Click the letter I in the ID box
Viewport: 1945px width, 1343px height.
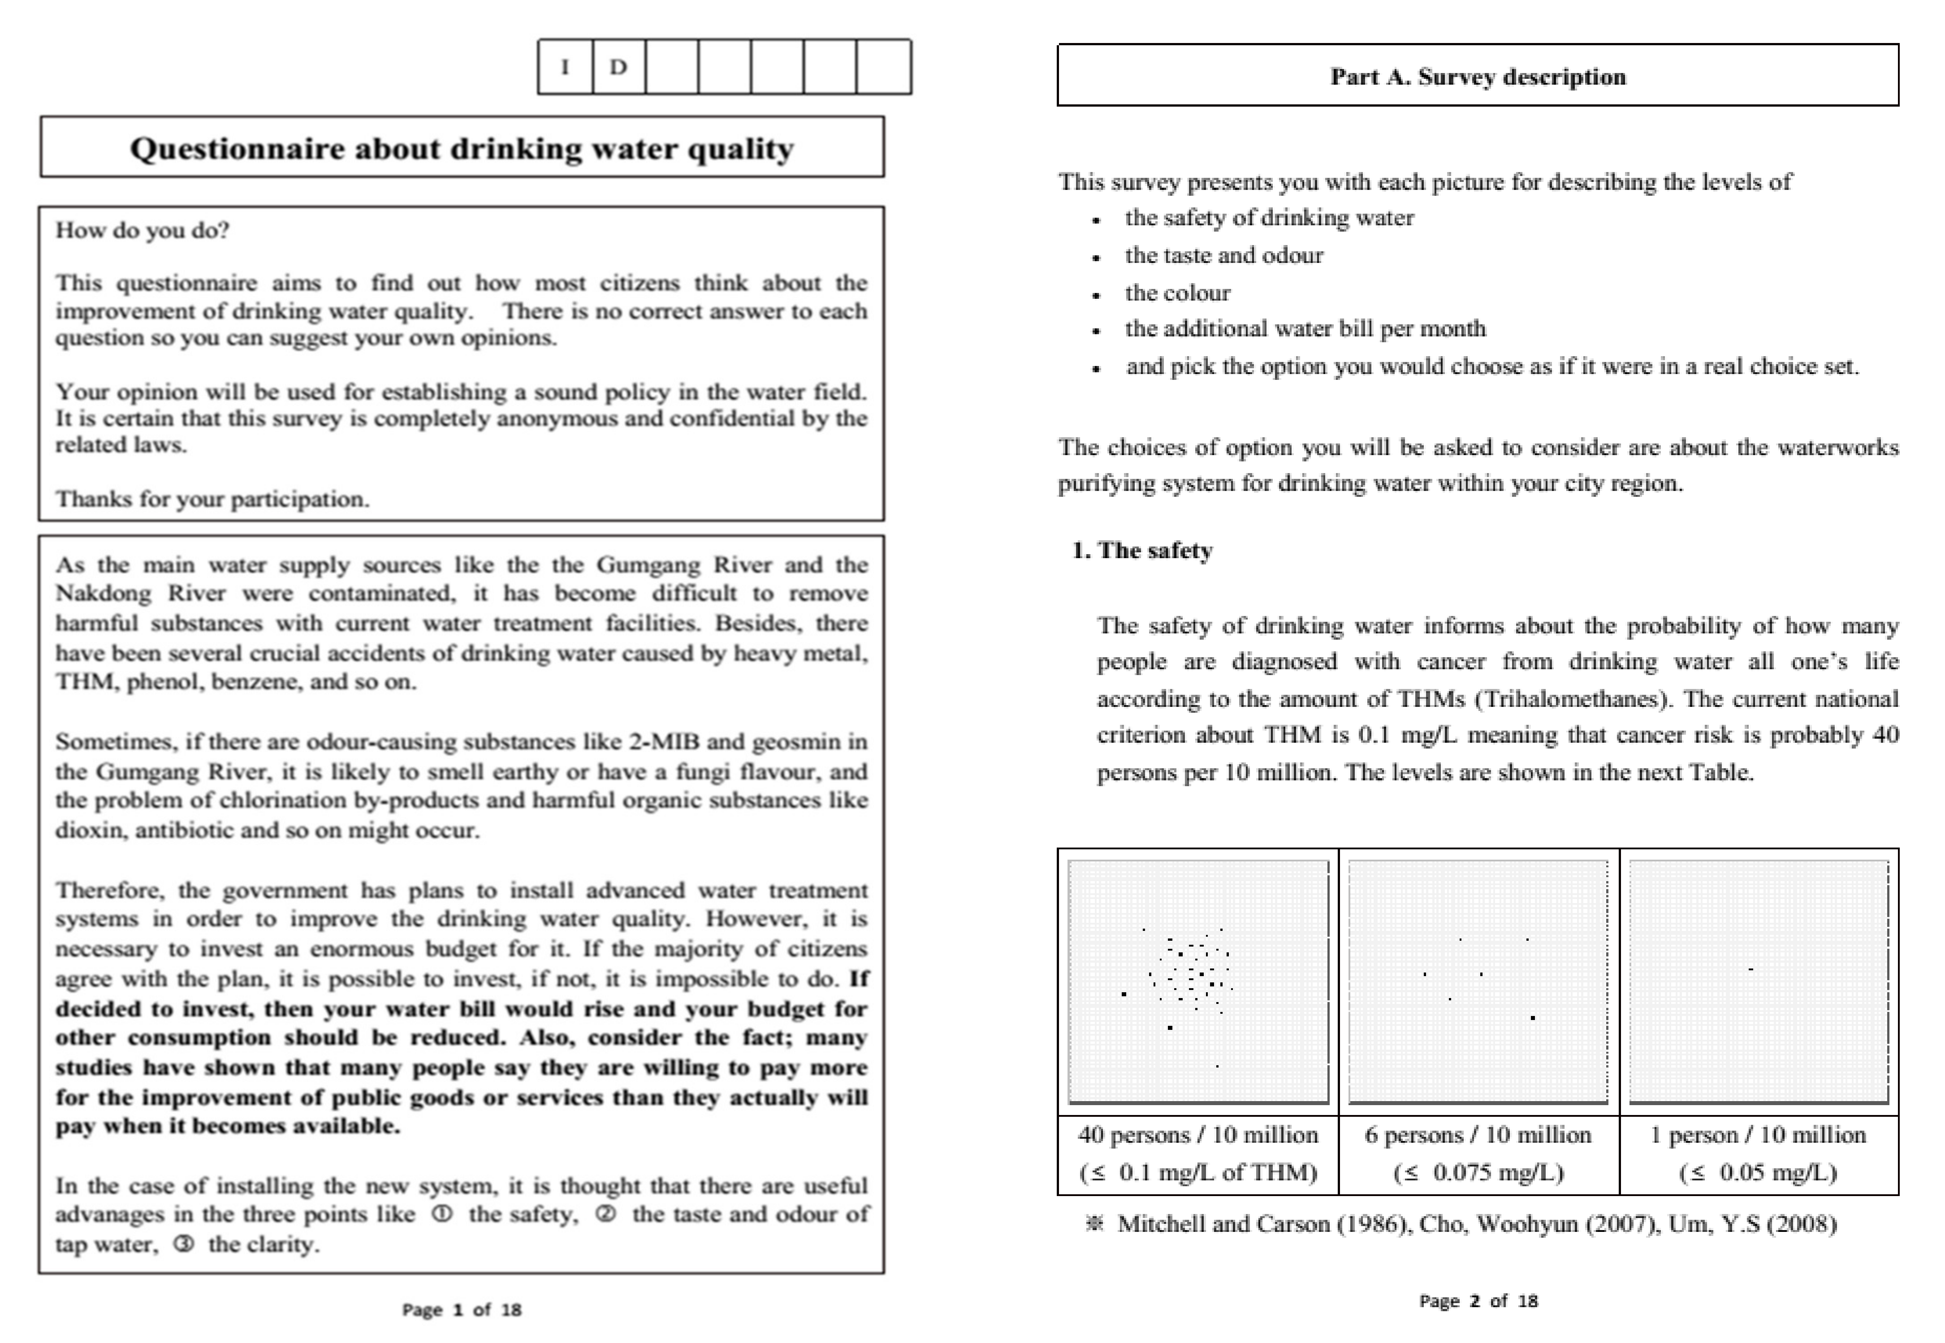[x=565, y=66]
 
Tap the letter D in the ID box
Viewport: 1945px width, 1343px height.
[x=618, y=66]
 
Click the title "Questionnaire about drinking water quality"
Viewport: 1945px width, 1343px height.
[x=461, y=148]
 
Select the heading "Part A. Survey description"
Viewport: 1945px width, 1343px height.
[x=1477, y=77]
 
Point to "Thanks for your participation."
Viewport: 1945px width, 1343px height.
[x=212, y=499]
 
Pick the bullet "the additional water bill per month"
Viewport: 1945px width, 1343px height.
[x=1305, y=328]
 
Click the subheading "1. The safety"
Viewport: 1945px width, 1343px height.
[x=1142, y=551]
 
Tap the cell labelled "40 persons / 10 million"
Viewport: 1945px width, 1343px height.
[x=1197, y=1135]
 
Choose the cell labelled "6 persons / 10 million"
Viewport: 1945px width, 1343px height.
[x=1478, y=1135]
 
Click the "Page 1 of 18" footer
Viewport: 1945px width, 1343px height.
[x=461, y=1309]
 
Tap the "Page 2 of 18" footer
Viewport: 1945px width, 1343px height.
[x=1478, y=1301]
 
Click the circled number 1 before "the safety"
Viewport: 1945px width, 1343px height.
[x=442, y=1214]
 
